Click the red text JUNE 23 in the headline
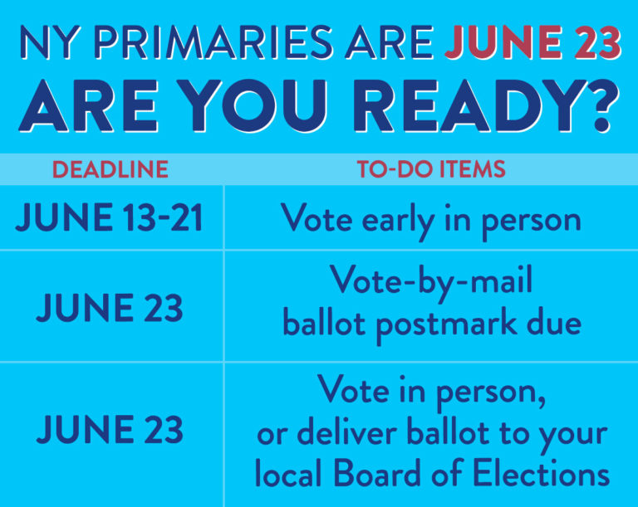point(533,42)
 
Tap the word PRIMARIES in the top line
point(213,42)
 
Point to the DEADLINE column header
point(110,169)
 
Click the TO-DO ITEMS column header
point(431,169)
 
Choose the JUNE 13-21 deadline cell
point(109,217)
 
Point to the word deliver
point(347,432)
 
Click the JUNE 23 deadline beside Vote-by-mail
point(110,308)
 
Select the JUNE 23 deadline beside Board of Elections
point(110,429)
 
